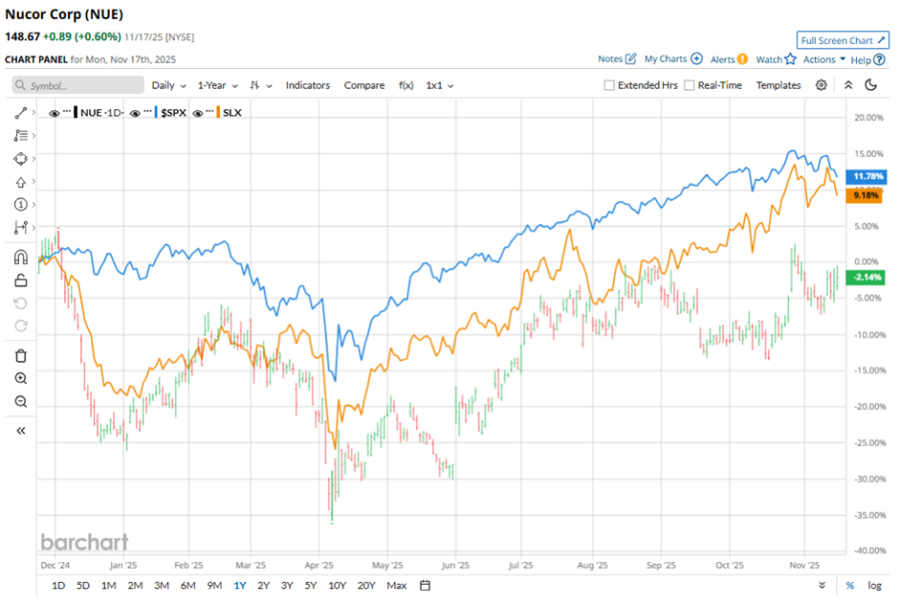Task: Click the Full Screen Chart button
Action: point(843,40)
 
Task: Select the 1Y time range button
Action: point(239,585)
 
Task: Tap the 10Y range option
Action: point(337,585)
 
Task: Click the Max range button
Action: point(397,585)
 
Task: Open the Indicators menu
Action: point(307,85)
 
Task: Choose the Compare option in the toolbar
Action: point(364,85)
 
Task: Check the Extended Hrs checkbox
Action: point(609,85)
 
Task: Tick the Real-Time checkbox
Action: point(690,85)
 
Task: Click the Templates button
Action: point(778,85)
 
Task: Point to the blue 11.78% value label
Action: point(866,176)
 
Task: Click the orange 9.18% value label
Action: point(866,195)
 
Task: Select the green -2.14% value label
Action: point(866,277)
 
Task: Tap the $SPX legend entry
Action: point(172,112)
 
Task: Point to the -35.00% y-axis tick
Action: point(866,514)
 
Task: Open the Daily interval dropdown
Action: point(168,85)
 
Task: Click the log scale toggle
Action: point(874,585)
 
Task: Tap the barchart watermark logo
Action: point(84,542)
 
